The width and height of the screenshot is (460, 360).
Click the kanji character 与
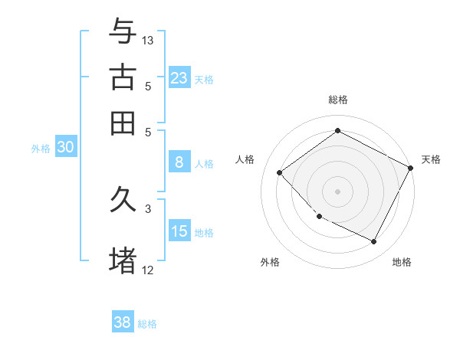123,31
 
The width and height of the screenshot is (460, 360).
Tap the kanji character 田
123,123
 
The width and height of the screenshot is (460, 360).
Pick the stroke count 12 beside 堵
148,270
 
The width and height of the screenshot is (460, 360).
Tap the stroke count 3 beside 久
148,208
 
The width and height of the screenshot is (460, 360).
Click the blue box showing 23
179,77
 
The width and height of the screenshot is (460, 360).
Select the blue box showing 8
179,162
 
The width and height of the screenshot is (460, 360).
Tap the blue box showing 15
179,231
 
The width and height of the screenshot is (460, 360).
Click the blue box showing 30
65,148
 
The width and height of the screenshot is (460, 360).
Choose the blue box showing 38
123,322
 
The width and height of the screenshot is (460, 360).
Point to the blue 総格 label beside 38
147,324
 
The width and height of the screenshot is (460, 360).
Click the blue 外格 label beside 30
41,149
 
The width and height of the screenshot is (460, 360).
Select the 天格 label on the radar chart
431,159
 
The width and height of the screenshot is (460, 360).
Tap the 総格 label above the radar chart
338,100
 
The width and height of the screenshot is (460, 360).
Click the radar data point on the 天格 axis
411,168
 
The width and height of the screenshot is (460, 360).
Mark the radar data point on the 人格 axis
280,172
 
